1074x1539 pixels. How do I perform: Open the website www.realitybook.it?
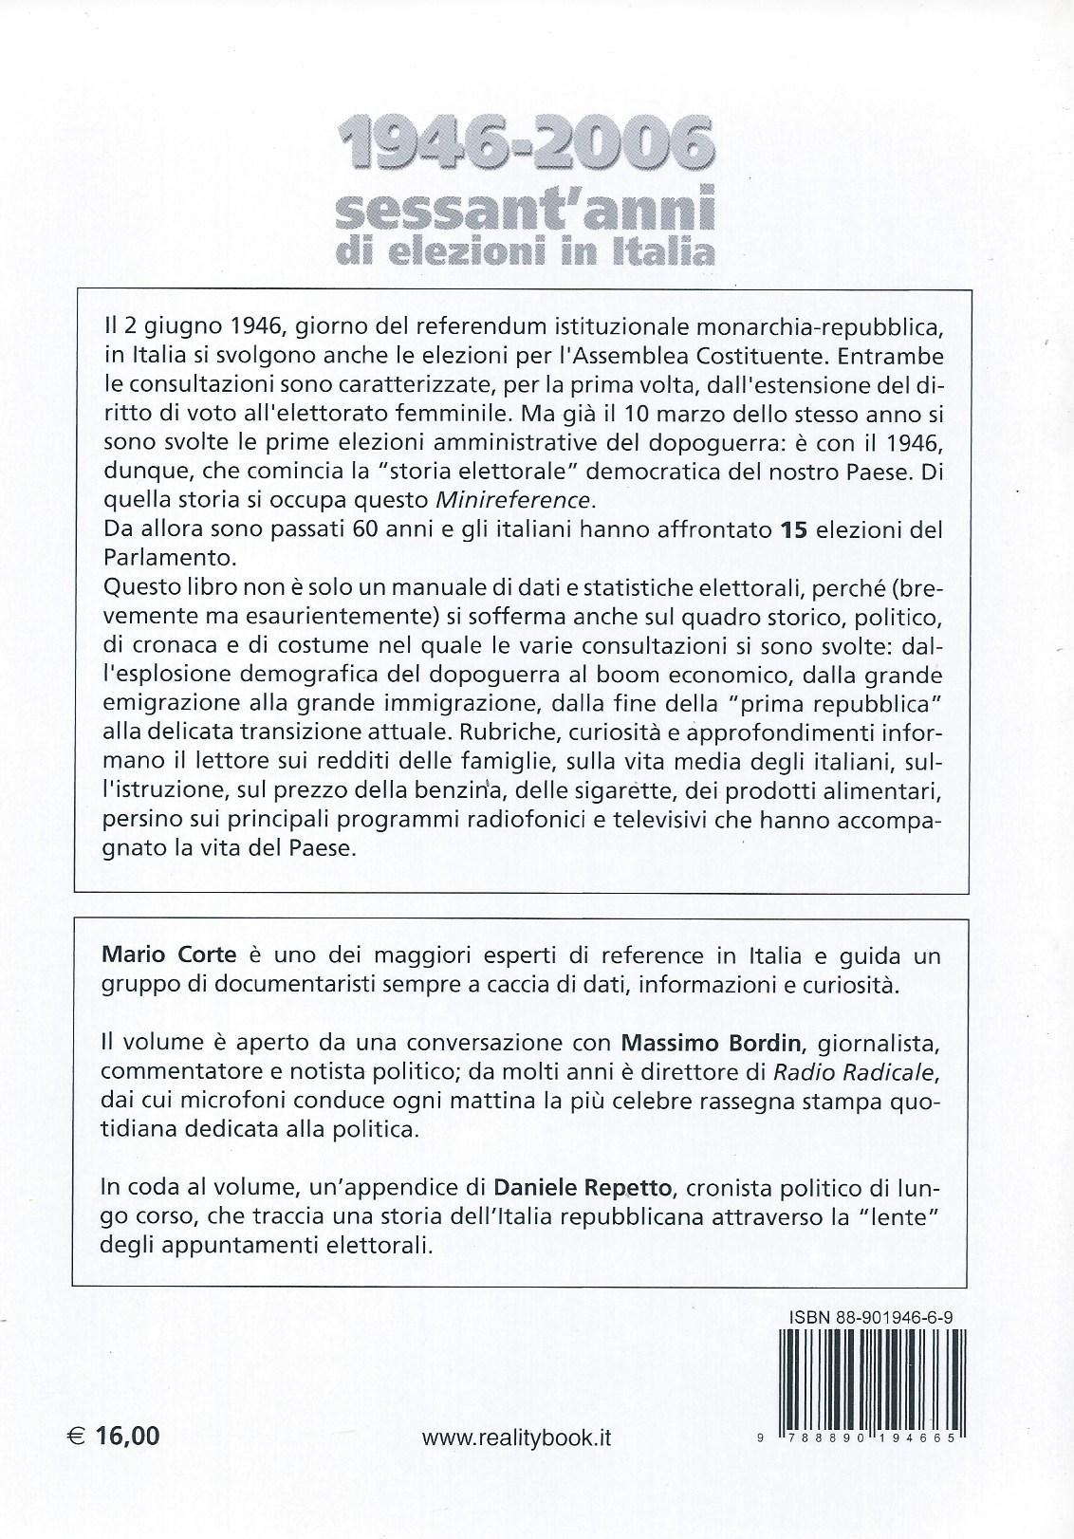point(516,1437)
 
